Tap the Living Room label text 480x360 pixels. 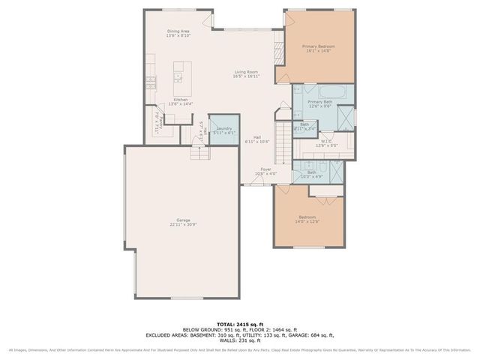tap(246, 73)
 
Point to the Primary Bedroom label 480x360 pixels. tap(319, 49)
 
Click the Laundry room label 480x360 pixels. tap(224, 130)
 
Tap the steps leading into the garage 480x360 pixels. tap(199, 154)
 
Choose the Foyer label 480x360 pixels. tap(265, 171)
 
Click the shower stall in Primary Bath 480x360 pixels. tap(346, 118)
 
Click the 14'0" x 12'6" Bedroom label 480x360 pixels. tap(310, 219)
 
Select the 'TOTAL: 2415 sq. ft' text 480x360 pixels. tap(240, 323)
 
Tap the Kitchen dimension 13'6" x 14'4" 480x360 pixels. tap(181, 104)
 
